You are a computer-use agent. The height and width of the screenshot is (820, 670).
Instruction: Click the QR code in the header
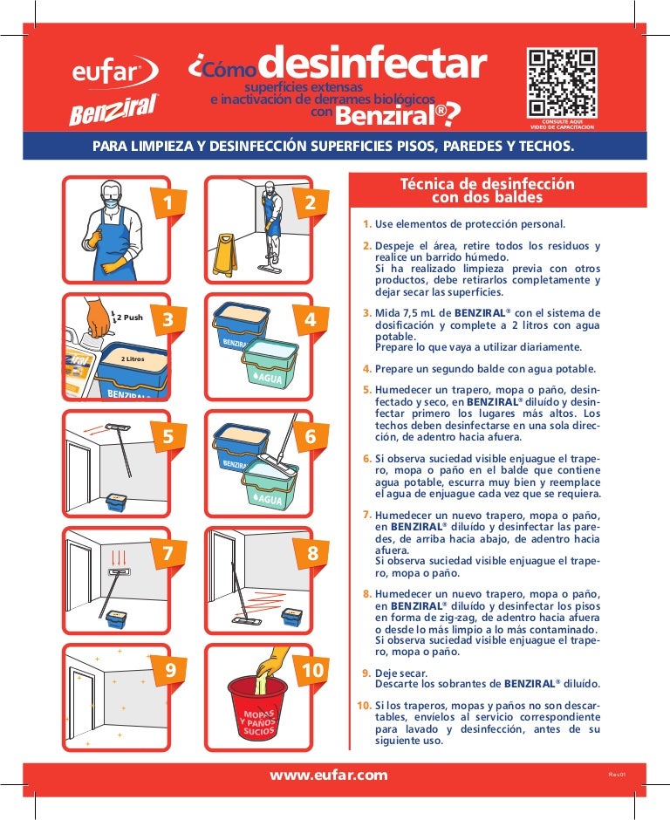point(562,83)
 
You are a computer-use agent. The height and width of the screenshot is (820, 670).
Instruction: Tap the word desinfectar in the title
point(373,63)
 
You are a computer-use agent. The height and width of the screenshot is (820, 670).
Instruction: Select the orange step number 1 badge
point(167,202)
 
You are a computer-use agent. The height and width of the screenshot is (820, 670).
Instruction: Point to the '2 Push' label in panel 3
point(129,317)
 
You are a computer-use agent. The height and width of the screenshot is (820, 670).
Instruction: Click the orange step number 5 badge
point(167,436)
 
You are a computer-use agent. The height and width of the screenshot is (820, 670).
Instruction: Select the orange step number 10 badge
point(313,670)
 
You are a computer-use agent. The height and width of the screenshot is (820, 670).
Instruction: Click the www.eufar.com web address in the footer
point(329,775)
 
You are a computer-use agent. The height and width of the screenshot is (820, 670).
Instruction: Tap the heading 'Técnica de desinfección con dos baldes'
point(487,190)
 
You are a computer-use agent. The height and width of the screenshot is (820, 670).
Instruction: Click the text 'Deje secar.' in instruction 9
point(401,673)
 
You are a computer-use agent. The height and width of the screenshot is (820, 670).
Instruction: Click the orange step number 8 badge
point(312,553)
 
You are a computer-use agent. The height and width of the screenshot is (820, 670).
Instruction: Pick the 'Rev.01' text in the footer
point(617,775)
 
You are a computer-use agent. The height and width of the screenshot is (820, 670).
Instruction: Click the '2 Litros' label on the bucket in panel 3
point(133,359)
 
